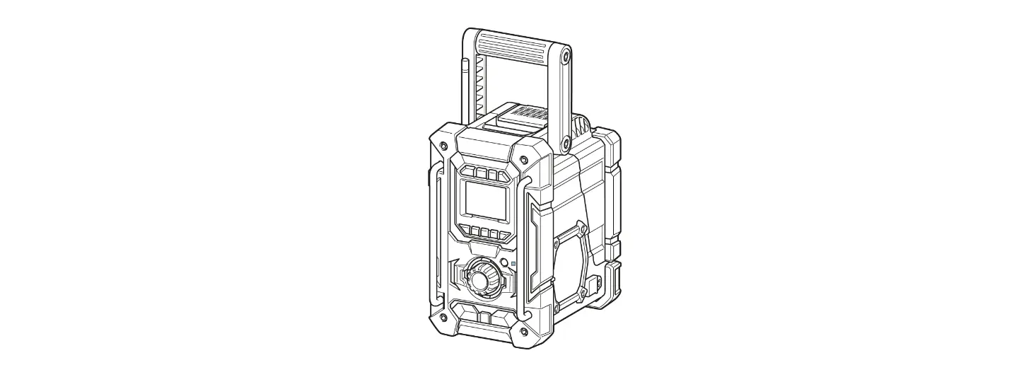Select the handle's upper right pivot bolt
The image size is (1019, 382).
pos(566,55)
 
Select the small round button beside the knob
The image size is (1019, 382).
pos(503,264)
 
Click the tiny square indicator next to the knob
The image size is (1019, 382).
pos(513,265)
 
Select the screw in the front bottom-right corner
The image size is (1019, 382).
pos(523,331)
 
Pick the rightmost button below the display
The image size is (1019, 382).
pos(503,235)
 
